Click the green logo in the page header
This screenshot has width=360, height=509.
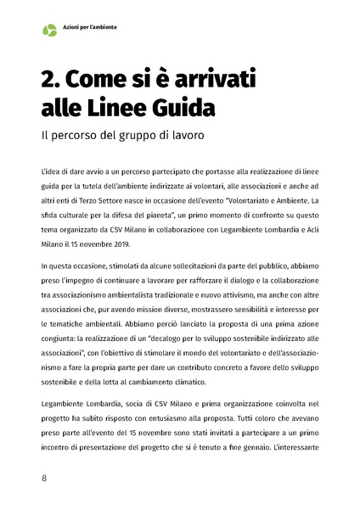click(x=49, y=30)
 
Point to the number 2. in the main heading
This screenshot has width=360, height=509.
click(x=53, y=80)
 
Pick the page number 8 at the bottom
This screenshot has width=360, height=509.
click(x=44, y=478)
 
